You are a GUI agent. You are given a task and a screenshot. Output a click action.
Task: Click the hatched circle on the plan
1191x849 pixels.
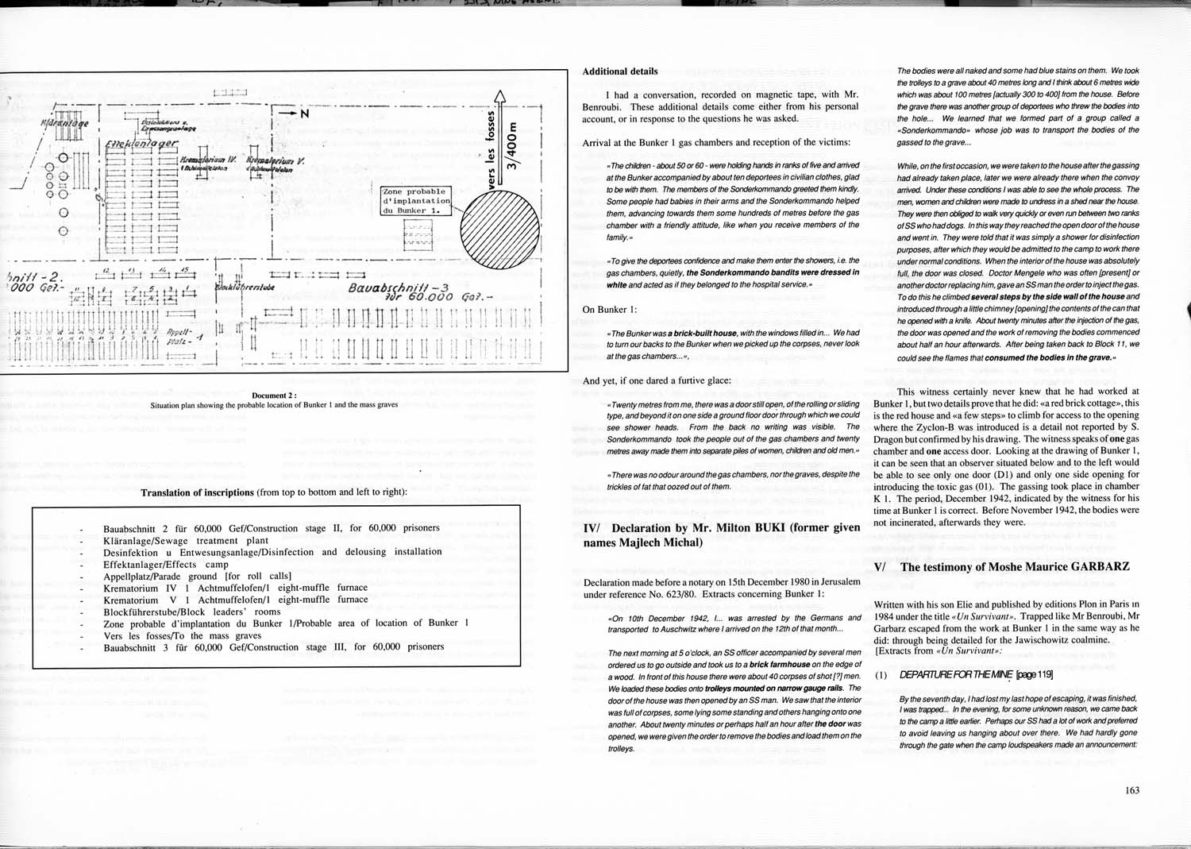click(498, 229)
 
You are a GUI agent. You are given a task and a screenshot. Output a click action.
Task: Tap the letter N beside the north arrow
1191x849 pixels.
click(304, 114)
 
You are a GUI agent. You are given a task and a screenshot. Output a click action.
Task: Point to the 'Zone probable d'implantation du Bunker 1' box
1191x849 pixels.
click(416, 201)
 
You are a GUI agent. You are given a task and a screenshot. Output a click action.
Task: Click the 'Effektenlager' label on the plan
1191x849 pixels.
click(141, 145)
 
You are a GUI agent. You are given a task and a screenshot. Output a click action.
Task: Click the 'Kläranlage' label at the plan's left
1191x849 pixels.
click(64, 124)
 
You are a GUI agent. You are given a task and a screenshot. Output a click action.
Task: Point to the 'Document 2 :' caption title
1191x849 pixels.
click(274, 396)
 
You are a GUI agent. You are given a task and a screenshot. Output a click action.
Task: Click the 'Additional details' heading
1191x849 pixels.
click(619, 71)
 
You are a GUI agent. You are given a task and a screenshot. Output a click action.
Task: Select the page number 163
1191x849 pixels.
click(1131, 790)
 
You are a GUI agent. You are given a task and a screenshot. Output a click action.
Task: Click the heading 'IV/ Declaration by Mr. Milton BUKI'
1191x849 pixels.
click(721, 534)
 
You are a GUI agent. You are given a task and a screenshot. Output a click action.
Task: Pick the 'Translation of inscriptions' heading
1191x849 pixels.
click(198, 492)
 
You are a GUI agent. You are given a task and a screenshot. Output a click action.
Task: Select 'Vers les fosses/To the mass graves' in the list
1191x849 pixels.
click(182, 635)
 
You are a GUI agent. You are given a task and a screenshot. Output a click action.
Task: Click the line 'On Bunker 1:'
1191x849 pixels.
click(609, 310)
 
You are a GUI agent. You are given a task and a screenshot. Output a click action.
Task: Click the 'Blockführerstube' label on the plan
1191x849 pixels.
click(246, 287)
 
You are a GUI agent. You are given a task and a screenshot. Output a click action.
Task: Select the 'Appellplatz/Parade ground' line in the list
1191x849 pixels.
click(197, 576)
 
